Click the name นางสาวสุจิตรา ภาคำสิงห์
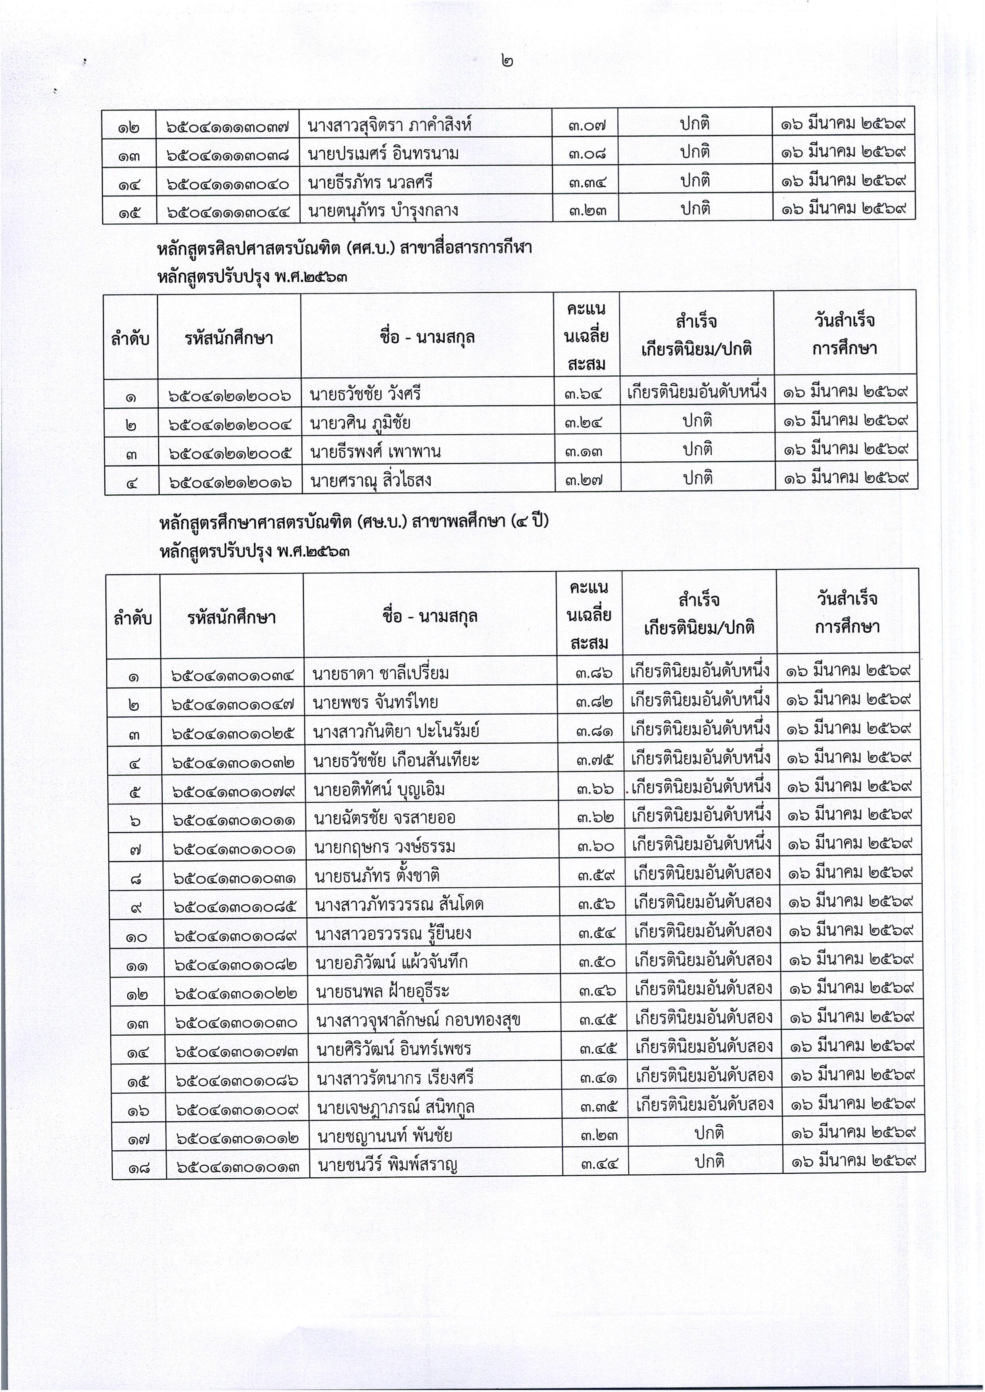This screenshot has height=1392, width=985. (x=390, y=125)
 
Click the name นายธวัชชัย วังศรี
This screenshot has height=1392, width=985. (x=365, y=394)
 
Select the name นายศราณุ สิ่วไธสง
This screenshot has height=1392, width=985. (x=371, y=481)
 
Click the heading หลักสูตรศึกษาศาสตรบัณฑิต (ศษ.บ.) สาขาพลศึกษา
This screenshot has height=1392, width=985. (x=353, y=522)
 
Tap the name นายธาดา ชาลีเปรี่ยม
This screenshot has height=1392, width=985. (x=381, y=673)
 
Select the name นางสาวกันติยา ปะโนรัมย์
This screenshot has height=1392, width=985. (x=396, y=731)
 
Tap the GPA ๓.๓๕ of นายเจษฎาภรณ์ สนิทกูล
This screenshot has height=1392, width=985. (x=597, y=1107)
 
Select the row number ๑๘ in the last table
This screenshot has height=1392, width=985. (x=138, y=1166)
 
